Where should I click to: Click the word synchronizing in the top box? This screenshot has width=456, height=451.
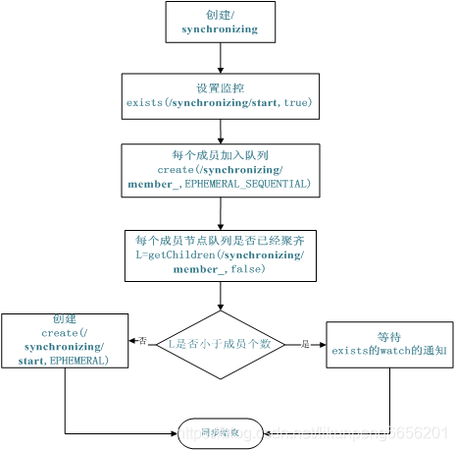[220, 29]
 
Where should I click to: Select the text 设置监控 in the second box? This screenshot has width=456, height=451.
[220, 86]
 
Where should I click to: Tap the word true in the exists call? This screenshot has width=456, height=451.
[296, 102]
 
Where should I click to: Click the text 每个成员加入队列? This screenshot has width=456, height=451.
[220, 155]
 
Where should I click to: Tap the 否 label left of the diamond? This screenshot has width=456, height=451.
[143, 341]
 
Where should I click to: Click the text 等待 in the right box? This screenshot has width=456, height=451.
[389, 334]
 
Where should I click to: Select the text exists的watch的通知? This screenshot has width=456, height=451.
[389, 350]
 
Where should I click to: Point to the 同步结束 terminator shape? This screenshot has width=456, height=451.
[221, 430]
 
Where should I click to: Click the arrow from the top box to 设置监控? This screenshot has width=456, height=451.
[220, 58]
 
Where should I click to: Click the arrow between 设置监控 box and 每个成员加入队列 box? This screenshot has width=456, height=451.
[220, 129]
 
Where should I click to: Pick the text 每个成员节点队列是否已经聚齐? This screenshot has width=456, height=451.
[220, 241]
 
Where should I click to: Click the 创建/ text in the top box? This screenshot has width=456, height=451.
[220, 15]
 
